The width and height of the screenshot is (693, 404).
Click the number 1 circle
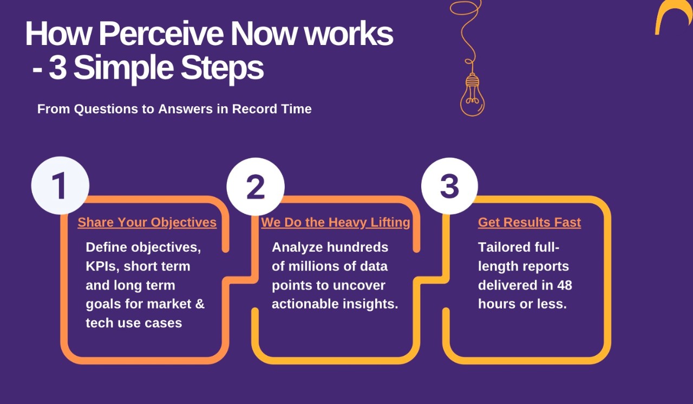[60, 186]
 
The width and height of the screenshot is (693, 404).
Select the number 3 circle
[449, 186]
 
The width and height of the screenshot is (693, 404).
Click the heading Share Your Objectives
[147, 222]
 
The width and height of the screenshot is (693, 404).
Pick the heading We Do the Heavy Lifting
[335, 222]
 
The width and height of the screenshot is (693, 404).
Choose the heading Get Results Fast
[529, 222]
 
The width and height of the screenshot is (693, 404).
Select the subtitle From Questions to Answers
[174, 109]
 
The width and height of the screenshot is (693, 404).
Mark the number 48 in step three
[564, 285]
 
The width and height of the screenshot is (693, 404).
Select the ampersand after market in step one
[199, 304]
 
